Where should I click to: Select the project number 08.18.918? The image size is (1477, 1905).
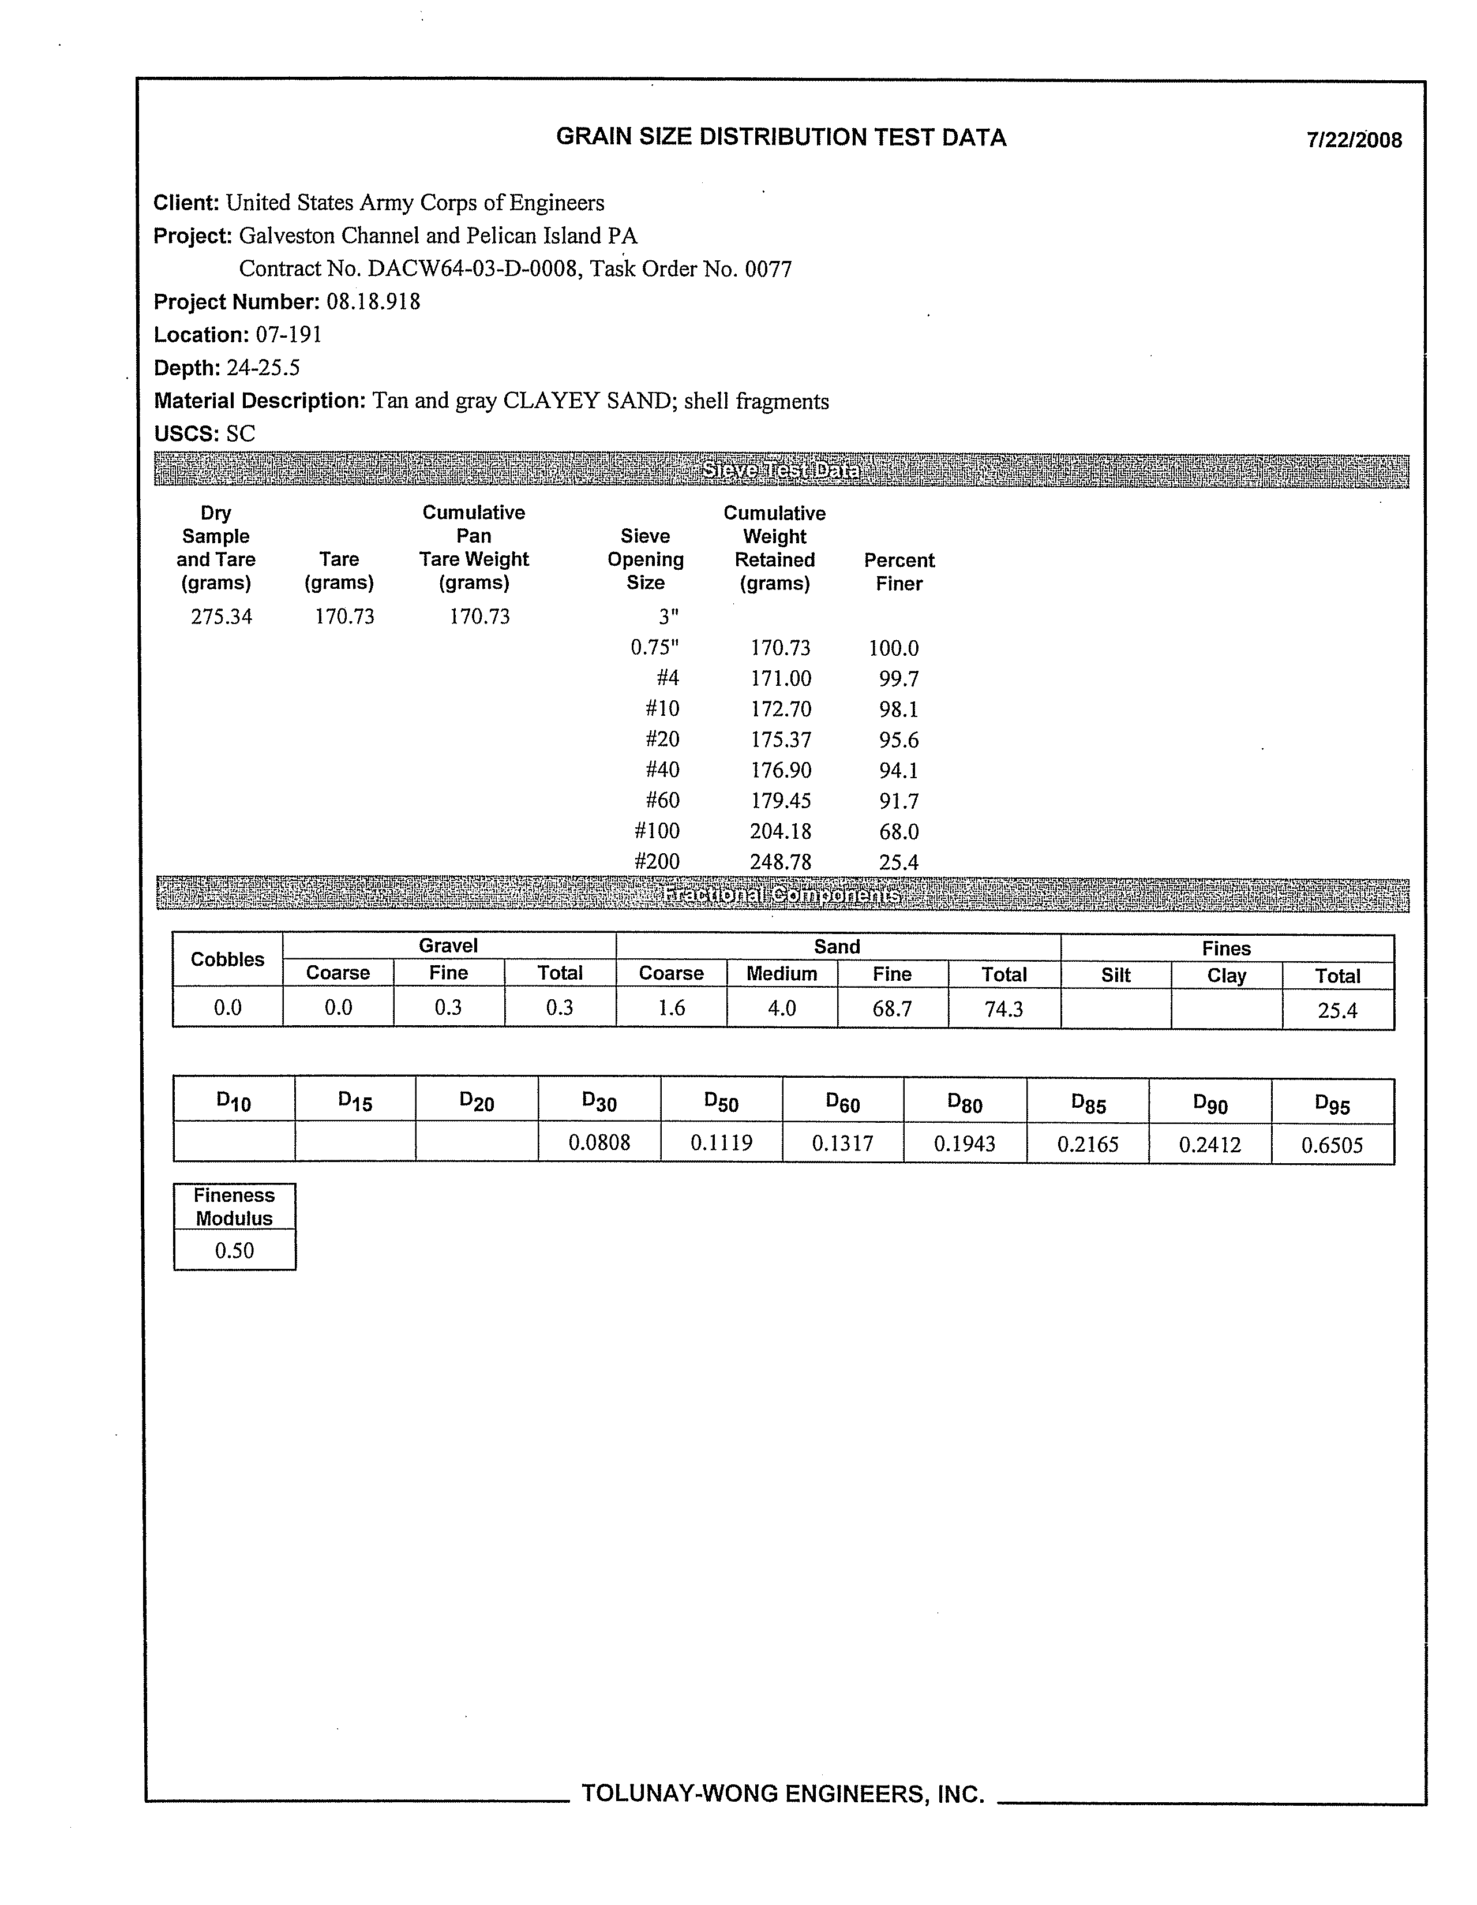coord(373,302)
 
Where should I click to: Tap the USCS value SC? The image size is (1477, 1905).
coord(241,434)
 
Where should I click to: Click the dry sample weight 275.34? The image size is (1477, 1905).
coord(222,617)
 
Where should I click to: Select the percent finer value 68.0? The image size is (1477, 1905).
coord(898,832)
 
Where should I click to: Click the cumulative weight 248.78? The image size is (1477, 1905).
coord(781,862)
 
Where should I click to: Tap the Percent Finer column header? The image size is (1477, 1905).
coord(899,571)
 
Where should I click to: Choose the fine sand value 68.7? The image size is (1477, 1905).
coord(892,1009)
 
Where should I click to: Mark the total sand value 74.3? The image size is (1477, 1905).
coord(1003,1009)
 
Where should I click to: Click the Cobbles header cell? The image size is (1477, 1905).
coord(227,959)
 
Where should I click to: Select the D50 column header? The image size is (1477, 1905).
coord(721,1101)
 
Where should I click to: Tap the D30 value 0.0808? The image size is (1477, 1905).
coord(599,1142)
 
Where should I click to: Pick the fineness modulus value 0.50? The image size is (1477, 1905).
coord(235,1251)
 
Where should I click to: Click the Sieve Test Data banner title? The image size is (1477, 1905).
coord(781,471)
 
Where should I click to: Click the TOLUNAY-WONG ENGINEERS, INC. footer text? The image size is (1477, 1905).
coord(782,1794)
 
